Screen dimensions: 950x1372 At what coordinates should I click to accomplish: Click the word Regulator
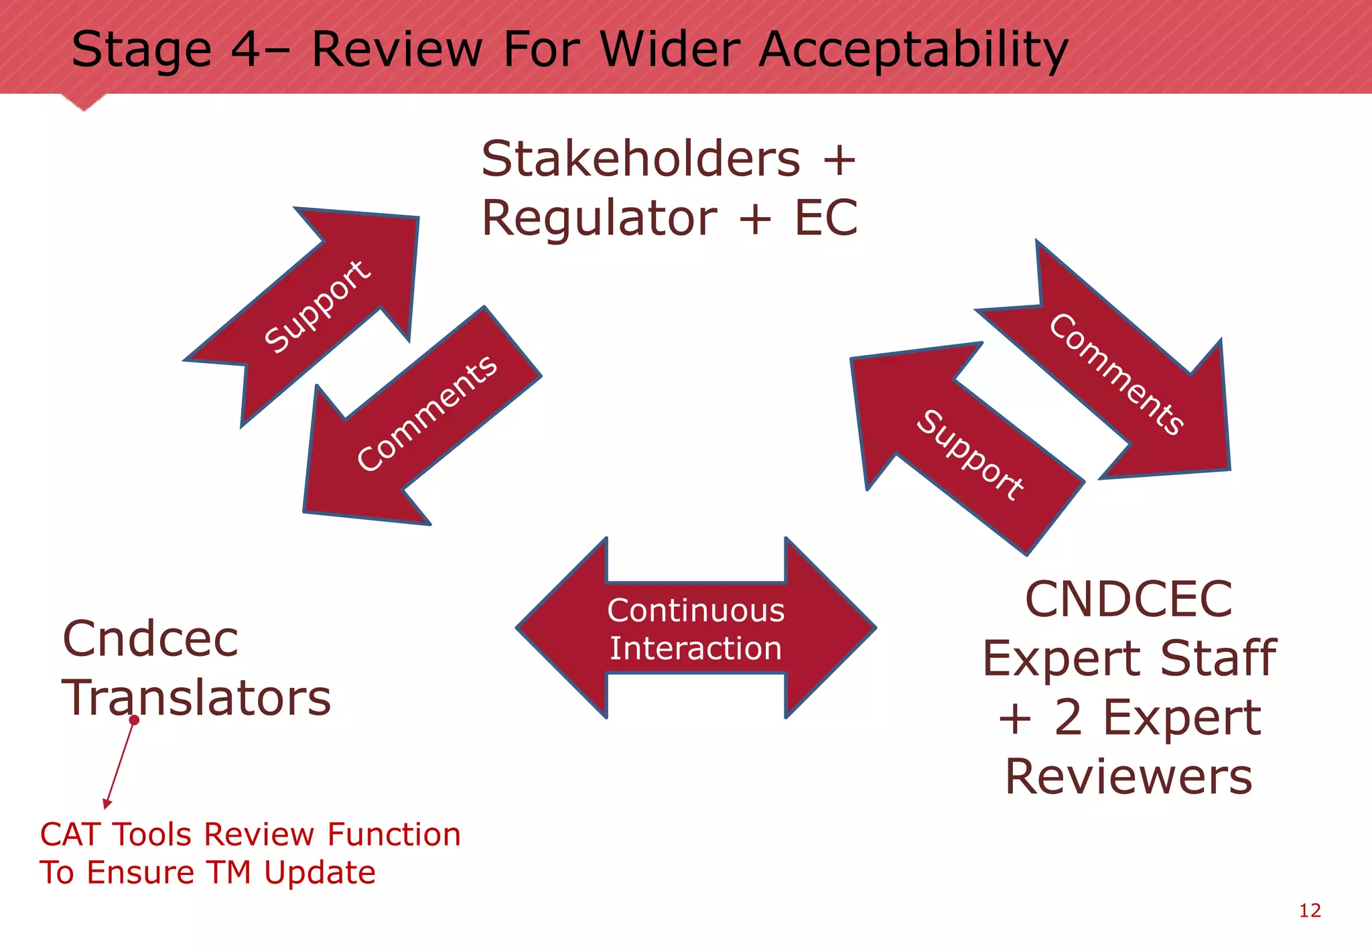tap(599, 218)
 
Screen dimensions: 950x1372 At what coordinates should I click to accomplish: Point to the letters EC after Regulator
tap(825, 218)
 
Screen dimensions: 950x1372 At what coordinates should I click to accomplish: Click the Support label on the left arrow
tap(317, 306)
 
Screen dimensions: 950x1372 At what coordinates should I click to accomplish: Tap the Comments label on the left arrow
tap(427, 413)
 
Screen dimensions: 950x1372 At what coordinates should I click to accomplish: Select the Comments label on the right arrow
tap(1116, 374)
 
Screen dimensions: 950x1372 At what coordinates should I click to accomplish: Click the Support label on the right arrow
tap(969, 455)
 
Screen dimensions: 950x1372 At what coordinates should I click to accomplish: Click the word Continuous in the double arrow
tap(695, 610)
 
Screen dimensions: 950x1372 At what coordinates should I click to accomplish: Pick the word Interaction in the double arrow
tap(695, 649)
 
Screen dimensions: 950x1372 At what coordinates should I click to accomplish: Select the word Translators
tap(196, 697)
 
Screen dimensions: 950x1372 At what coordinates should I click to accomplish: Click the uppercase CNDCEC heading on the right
tap(1128, 599)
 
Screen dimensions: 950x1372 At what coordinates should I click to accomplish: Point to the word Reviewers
tap(1128, 776)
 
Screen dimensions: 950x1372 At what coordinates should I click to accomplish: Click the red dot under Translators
tap(134, 720)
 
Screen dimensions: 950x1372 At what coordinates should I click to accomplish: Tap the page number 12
tap(1310, 910)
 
